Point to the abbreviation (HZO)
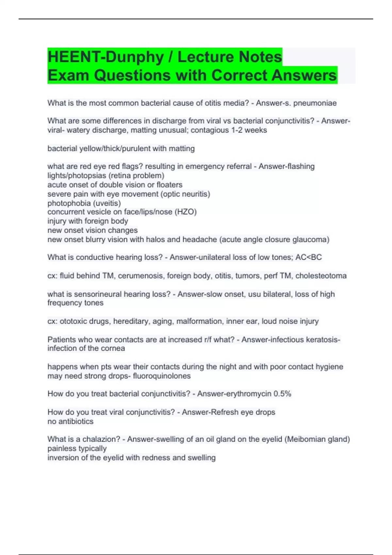click(186, 212)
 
